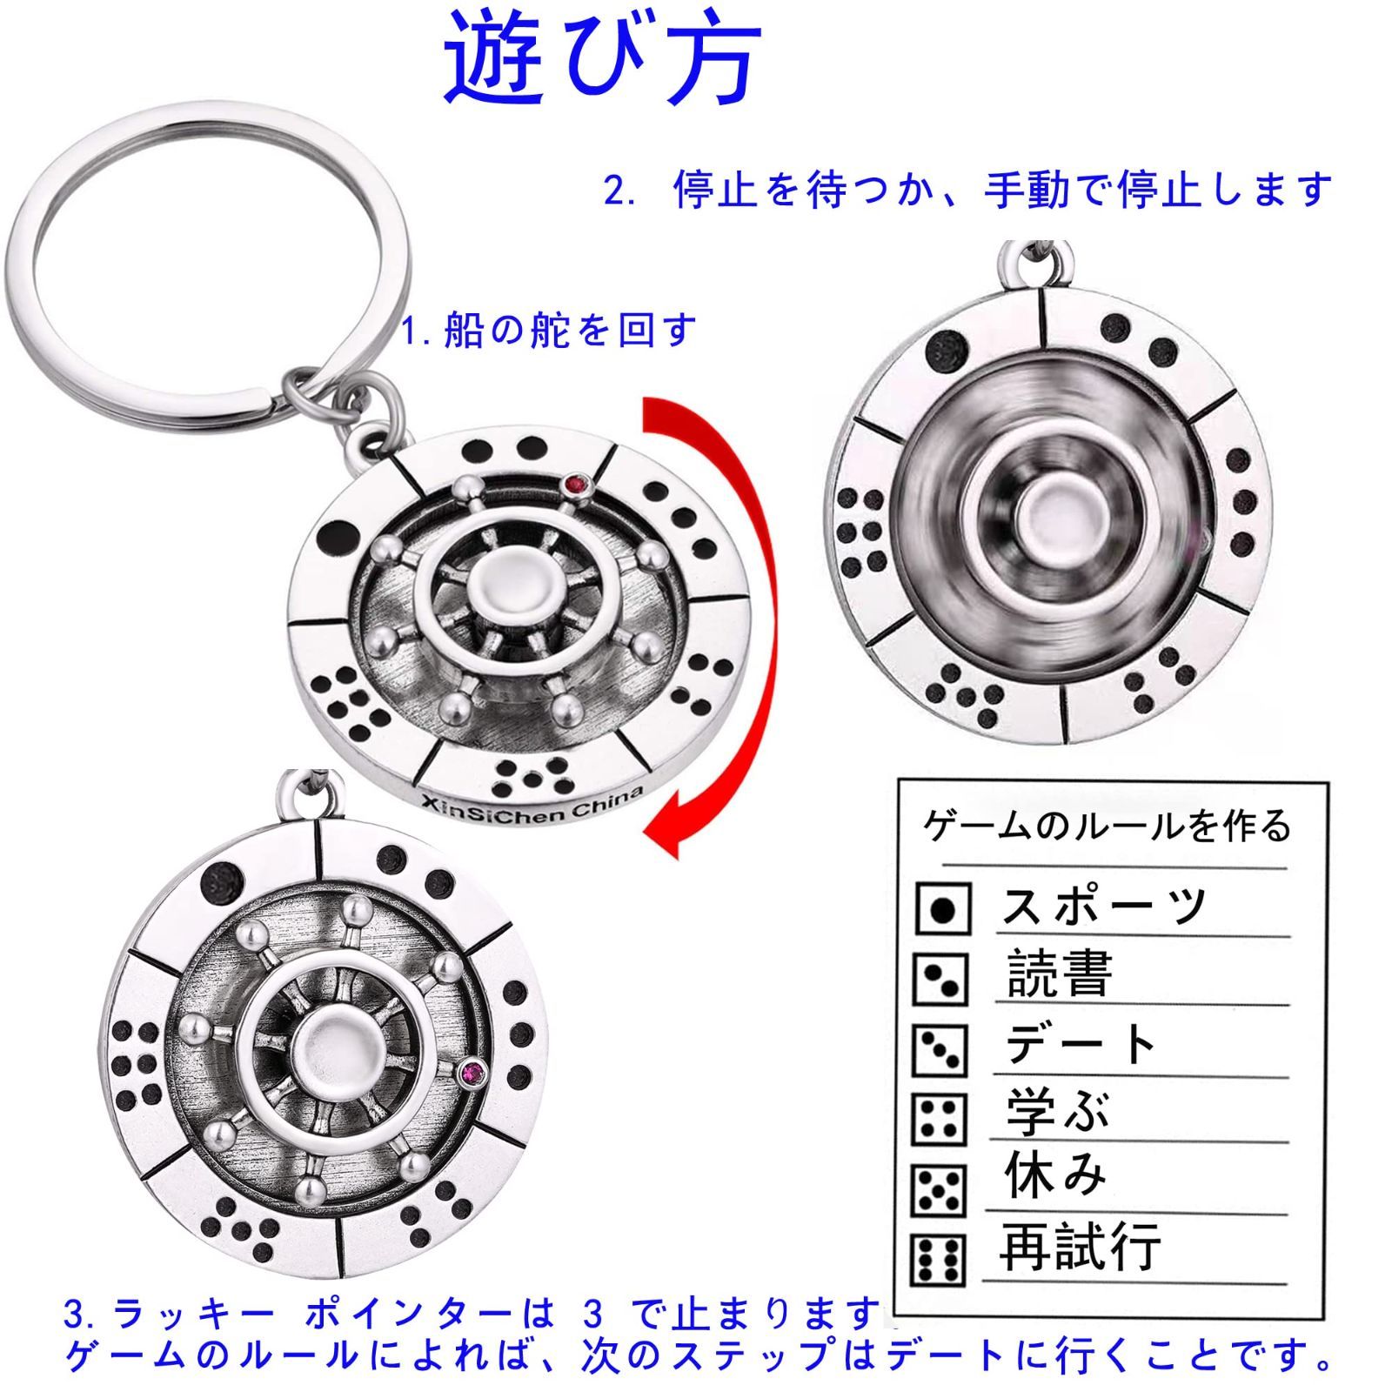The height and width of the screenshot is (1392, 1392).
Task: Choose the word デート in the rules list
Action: (1080, 1043)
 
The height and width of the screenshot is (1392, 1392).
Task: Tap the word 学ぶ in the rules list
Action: (1058, 1111)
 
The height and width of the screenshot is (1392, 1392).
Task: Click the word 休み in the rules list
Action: (1055, 1174)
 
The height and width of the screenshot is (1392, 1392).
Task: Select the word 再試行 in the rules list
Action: (1080, 1247)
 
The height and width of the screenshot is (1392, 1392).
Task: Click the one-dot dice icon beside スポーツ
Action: (943, 910)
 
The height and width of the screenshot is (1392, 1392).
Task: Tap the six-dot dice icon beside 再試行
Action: (938, 1261)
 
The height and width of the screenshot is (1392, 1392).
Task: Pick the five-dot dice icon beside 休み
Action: (938, 1190)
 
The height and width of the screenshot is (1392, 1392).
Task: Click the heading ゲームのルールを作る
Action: (1107, 826)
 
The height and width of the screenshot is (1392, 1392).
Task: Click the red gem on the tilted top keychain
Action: (573, 484)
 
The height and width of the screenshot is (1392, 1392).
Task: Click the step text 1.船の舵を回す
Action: (548, 331)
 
